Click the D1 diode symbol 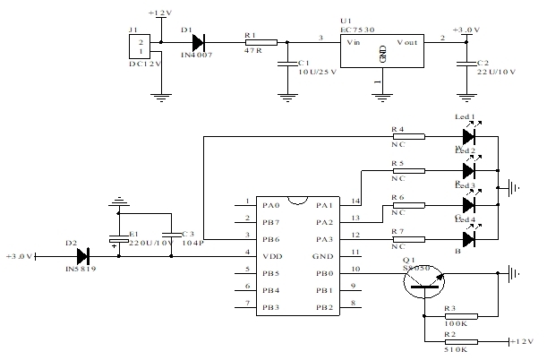coord(199,41)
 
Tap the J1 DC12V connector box coord(136,49)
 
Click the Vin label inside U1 coord(354,42)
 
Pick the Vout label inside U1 coord(409,42)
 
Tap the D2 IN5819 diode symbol coord(83,257)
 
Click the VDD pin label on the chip coord(271,255)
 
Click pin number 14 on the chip coord(355,202)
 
